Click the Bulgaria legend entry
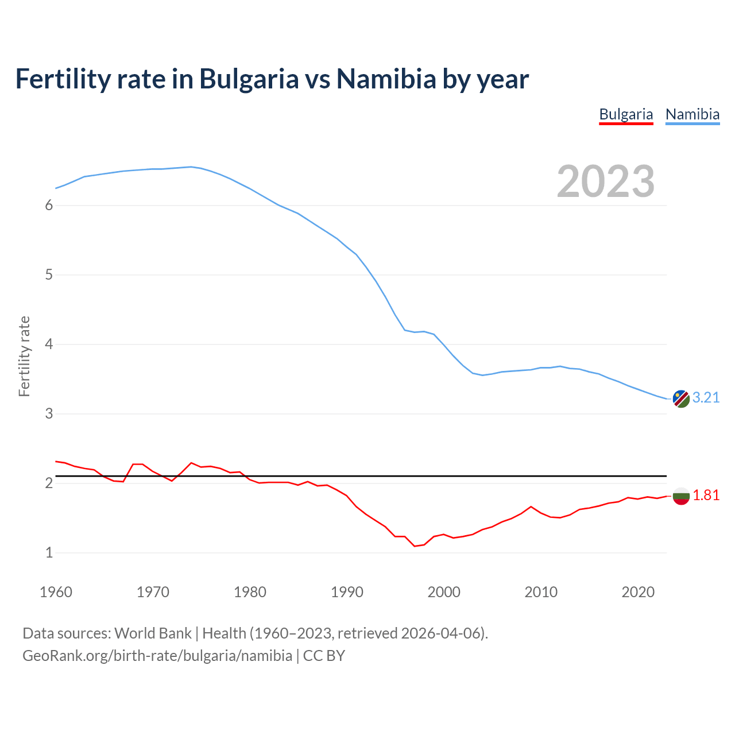[626, 114]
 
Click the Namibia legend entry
[692, 114]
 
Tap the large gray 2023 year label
[606, 181]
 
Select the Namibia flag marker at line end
[681, 399]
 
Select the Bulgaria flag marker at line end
[681, 496]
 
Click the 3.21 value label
[706, 397]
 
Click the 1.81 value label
[706, 495]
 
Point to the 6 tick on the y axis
[49, 206]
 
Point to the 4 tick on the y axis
[49, 345]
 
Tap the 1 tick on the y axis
[49, 553]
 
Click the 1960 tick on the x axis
[56, 592]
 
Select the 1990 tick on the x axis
[347, 592]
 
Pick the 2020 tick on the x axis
[638, 592]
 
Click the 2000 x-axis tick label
[444, 592]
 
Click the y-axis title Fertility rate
[24, 356]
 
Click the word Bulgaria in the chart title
[249, 79]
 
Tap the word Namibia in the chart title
[386, 79]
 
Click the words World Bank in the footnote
[153, 633]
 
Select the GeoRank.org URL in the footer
[157, 656]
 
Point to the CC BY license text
[324, 656]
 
